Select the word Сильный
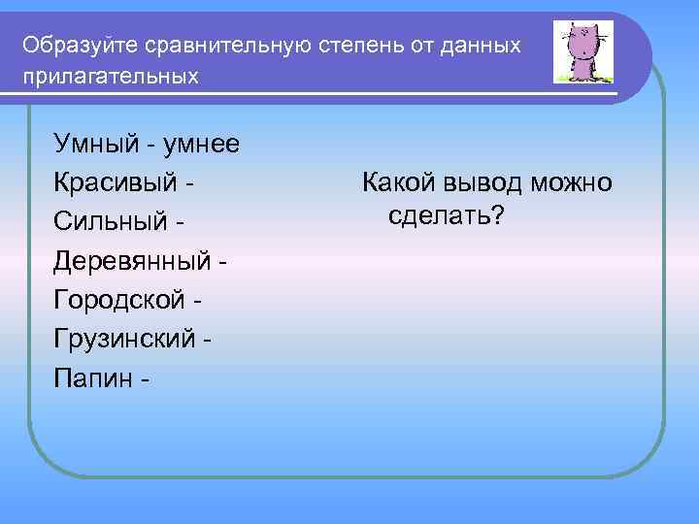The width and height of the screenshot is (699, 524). pyautogui.click(x=111, y=222)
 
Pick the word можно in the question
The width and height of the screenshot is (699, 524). pyautogui.click(x=574, y=181)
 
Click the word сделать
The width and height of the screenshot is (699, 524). pyautogui.click(x=439, y=213)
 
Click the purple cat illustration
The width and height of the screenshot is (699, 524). pyautogui.click(x=582, y=52)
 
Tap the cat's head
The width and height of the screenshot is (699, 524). pyautogui.click(x=582, y=41)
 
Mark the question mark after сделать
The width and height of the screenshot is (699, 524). pyautogui.click(x=497, y=213)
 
